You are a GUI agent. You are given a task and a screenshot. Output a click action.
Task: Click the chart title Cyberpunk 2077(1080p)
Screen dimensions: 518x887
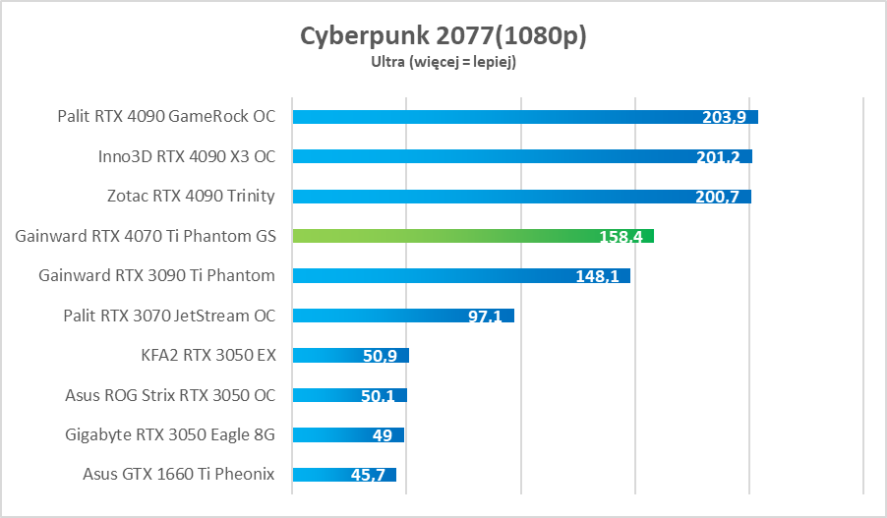pos(443,35)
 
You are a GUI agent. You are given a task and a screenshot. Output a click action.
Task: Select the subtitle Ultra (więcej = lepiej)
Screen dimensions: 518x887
pos(443,62)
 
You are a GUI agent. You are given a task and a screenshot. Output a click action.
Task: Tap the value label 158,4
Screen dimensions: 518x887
pos(621,237)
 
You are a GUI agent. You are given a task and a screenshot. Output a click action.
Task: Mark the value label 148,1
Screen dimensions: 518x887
pos(597,276)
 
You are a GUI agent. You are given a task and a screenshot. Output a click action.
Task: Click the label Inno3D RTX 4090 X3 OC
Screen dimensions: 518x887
pos(187,156)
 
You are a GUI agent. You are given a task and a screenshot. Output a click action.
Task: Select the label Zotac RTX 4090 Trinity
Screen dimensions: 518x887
pos(191,196)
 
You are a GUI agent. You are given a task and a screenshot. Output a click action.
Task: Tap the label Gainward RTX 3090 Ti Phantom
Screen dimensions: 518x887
pos(156,275)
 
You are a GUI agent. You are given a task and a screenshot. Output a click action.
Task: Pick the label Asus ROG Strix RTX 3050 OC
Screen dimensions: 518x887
pos(170,395)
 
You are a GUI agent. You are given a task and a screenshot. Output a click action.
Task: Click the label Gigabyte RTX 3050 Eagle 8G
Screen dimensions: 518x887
pos(170,434)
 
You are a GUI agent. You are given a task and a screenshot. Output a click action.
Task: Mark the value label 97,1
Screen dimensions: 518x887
pos(485,317)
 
